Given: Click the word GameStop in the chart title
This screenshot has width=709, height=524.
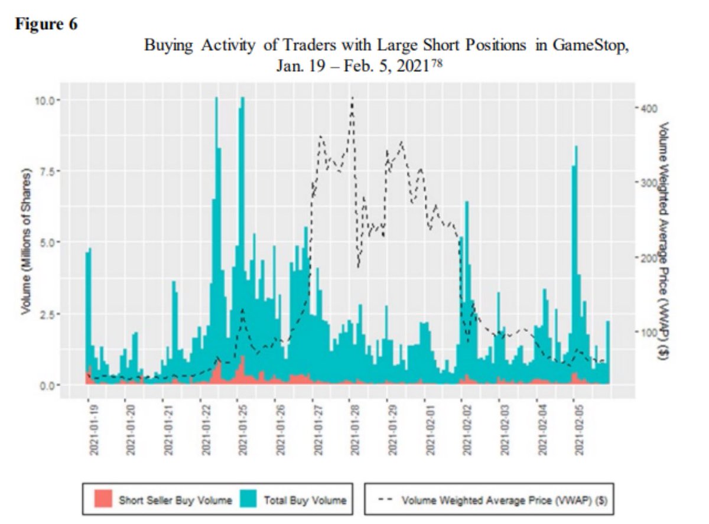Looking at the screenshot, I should (590, 46).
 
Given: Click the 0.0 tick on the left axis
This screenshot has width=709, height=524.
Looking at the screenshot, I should (48, 385).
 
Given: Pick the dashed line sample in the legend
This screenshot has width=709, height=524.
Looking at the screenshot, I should (385, 500).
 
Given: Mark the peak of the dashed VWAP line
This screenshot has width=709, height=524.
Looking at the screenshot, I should (352, 99).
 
